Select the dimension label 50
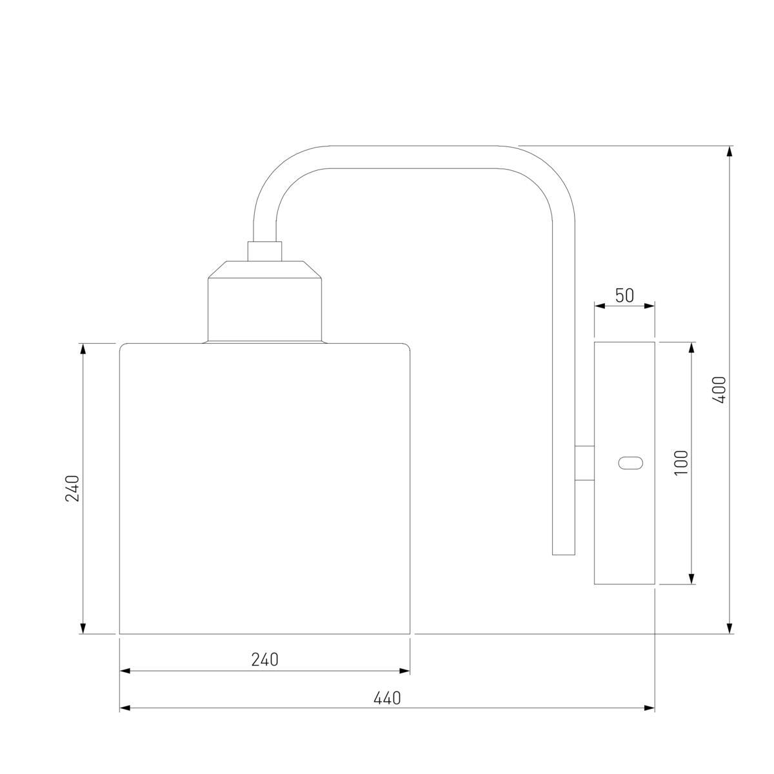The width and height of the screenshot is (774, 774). pos(624,295)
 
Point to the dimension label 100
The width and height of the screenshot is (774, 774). pos(681,462)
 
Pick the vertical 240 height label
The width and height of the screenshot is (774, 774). pos(72,488)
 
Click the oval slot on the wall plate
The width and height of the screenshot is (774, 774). pos(630,463)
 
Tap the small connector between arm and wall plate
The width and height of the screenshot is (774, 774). pos(584,462)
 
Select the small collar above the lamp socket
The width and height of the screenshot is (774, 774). pos(264,252)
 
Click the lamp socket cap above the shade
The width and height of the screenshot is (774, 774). pos(264,302)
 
